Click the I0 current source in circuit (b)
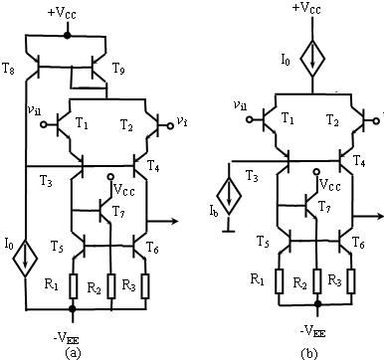312,59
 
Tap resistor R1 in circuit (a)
73,285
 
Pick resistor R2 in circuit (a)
111,285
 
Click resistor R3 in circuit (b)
351,281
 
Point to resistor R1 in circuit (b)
280,281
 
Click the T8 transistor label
8,69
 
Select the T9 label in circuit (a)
118,69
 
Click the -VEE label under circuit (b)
313,332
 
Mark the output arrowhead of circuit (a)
174,221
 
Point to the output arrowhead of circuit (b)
379,216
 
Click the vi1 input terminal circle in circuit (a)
44,125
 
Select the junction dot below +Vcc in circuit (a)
67,35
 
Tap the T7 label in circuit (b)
324,207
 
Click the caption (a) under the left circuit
73,353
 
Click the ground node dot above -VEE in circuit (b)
318,303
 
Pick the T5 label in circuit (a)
58,246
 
